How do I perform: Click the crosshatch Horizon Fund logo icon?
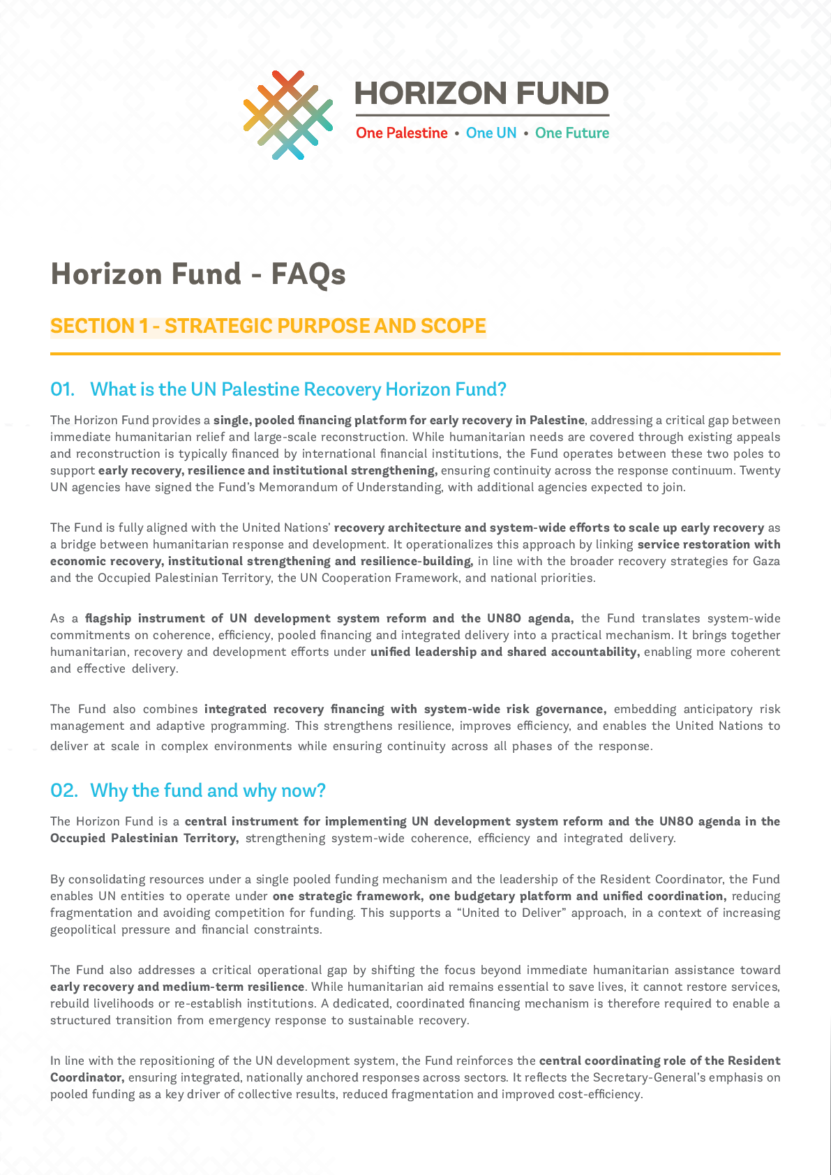[x=287, y=115]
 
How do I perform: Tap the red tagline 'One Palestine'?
[x=402, y=133]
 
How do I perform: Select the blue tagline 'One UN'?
[x=491, y=133]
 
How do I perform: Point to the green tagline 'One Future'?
[x=572, y=133]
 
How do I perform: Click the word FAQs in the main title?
[x=308, y=274]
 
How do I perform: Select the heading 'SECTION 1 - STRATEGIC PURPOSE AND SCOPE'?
[x=269, y=326]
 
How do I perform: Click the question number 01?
[x=62, y=389]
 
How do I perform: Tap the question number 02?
[x=63, y=791]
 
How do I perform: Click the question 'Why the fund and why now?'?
[x=208, y=791]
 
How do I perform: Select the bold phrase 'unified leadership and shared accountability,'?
[x=504, y=652]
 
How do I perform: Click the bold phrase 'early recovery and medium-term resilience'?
[x=177, y=987]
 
